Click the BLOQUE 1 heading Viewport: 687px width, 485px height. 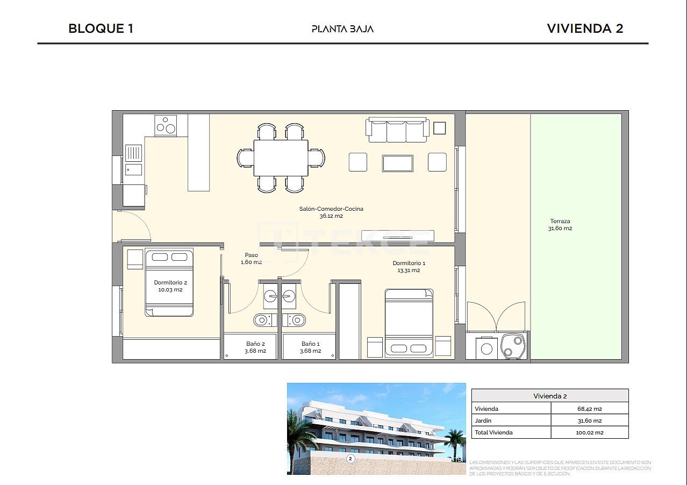tap(101, 28)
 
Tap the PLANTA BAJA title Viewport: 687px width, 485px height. tap(342, 29)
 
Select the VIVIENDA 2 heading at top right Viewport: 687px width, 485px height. tap(585, 28)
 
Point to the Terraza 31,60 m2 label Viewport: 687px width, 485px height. tap(560, 225)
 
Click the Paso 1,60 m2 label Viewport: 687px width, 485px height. tap(251, 259)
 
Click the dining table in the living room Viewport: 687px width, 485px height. tap(281, 158)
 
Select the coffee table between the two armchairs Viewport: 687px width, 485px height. tap(397, 163)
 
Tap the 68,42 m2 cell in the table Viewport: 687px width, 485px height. tap(589, 409)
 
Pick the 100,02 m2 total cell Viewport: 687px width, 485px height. tap(589, 432)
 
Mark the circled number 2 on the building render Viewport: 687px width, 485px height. tap(350, 459)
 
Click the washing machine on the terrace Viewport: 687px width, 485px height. tap(486, 348)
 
